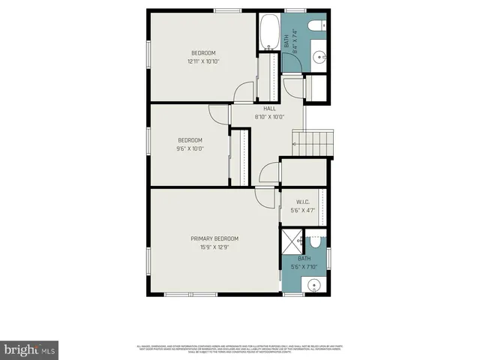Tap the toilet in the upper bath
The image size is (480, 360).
[x=319, y=26]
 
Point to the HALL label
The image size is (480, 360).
[x=269, y=109]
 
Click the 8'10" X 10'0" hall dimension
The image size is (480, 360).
[x=269, y=117]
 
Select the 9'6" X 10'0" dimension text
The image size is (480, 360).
[x=190, y=148]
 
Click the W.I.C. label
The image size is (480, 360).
[x=303, y=202]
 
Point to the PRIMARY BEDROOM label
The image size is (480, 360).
[x=214, y=238]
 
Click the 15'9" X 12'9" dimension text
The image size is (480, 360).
[x=214, y=247]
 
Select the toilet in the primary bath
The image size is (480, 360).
[x=316, y=242]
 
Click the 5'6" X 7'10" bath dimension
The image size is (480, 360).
[x=304, y=266]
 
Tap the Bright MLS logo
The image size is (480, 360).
[x=29, y=349]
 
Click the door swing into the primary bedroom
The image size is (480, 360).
[x=264, y=198]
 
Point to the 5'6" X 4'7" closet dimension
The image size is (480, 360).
[x=303, y=211]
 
